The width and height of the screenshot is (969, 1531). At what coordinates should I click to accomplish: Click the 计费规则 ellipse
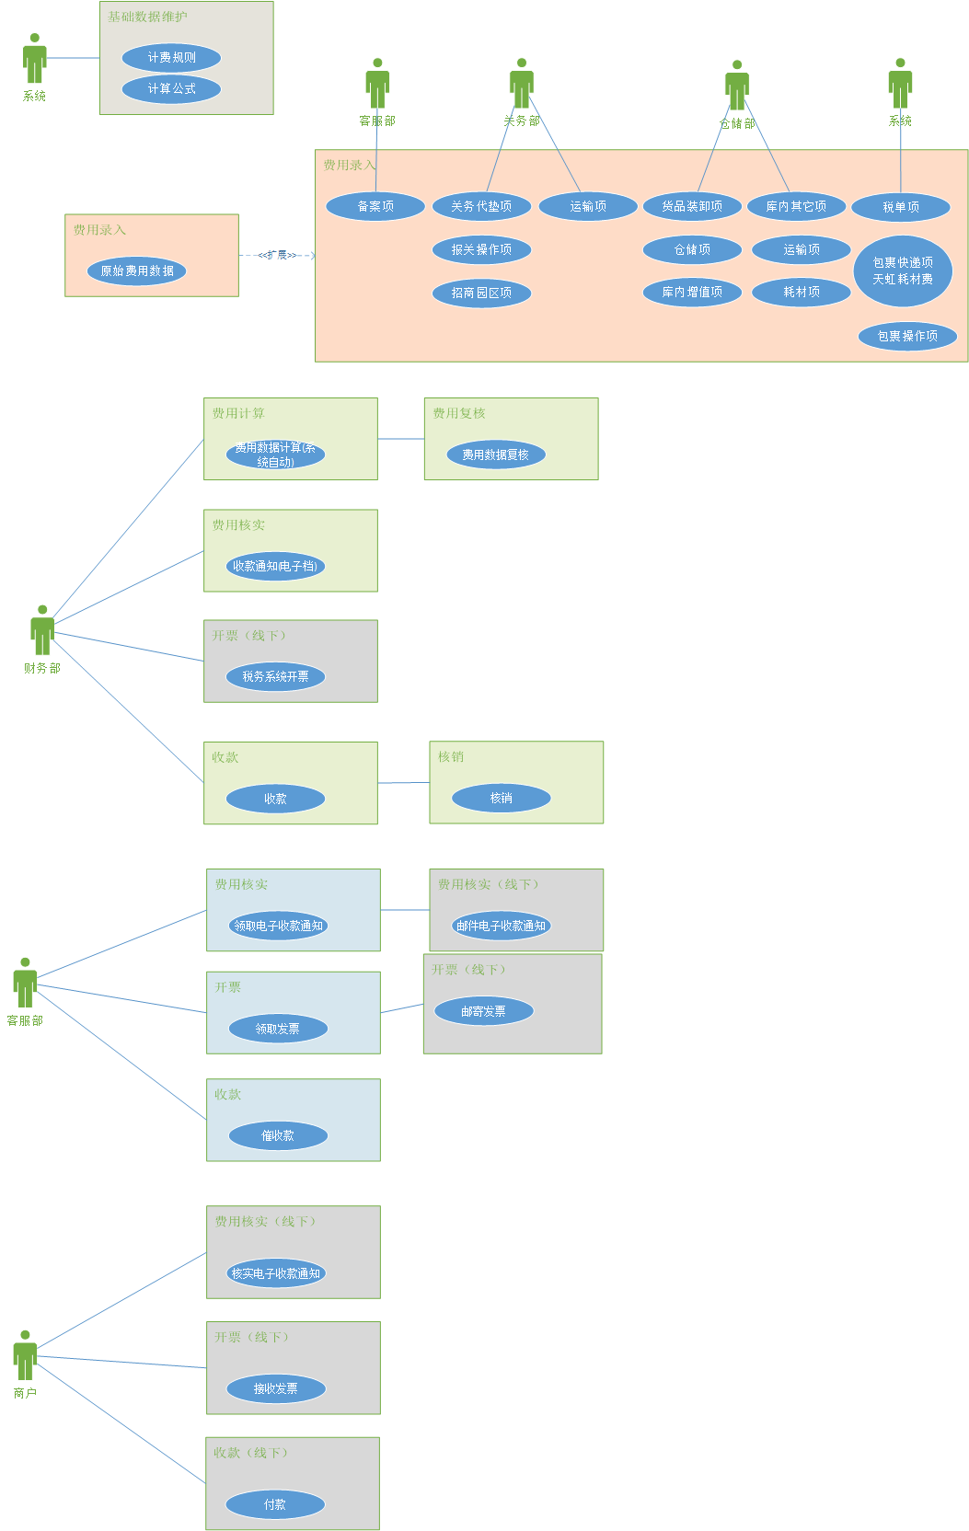point(171,58)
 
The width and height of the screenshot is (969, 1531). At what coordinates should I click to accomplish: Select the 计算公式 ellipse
point(171,89)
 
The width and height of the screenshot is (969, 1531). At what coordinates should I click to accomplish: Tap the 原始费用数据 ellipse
point(136,271)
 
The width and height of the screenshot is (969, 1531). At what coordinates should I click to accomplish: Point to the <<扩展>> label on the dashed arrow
point(277,255)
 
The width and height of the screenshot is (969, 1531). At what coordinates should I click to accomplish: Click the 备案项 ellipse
point(375,207)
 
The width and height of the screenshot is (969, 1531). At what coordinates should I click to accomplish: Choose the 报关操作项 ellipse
point(481,249)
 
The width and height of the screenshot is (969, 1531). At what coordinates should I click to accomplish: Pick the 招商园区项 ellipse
point(481,294)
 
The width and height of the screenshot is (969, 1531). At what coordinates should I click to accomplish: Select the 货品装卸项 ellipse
point(692,207)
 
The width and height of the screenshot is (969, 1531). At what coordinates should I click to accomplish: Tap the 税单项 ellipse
point(901,207)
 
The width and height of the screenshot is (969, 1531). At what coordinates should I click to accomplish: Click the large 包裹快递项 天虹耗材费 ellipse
point(903,271)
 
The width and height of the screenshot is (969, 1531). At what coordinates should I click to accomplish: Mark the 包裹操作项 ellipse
point(907,337)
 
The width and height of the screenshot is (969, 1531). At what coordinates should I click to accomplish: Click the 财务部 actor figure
point(42,630)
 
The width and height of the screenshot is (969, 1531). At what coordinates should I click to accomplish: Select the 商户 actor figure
point(25,1355)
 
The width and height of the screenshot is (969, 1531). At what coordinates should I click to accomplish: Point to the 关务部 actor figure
point(522,84)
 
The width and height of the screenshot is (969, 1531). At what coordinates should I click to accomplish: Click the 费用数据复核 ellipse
point(495,455)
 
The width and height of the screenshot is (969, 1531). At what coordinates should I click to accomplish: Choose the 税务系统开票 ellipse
point(275,677)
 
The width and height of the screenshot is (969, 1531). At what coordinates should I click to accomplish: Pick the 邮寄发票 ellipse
point(483,1011)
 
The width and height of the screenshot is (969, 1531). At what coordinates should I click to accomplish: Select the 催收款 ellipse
point(277,1136)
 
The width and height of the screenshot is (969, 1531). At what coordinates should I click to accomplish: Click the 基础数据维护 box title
point(147,17)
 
